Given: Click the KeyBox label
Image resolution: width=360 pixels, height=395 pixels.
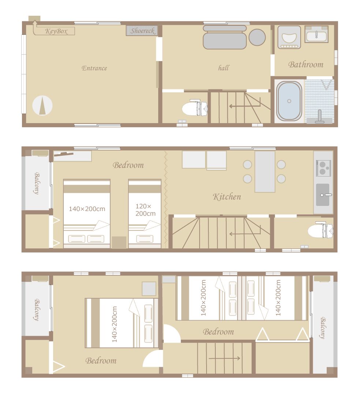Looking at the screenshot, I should tap(56, 32).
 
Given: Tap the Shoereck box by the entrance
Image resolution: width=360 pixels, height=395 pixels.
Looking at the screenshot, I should tap(142, 31).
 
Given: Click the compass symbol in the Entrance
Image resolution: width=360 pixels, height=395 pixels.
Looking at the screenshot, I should tap(42, 105).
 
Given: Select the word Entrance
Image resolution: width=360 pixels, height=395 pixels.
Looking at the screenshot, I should tap(94, 68).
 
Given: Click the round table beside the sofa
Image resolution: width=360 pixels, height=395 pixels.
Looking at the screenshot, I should tap(257, 37).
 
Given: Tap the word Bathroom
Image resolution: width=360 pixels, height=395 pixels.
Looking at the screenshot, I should tap(306, 65).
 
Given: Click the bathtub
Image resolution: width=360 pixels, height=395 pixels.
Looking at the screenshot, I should tap(289, 101).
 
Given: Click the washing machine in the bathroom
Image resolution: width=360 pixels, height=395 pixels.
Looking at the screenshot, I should tap(289, 37).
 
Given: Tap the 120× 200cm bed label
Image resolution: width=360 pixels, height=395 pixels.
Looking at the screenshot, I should tap(145, 210).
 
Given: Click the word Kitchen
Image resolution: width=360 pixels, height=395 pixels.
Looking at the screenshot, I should tap(227, 197).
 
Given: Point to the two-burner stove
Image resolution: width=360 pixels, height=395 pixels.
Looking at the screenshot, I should tap(323, 168).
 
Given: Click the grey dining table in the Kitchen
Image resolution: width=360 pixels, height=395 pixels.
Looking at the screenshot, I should tap(265, 171).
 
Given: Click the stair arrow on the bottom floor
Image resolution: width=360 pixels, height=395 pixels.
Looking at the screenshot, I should tap(224, 358).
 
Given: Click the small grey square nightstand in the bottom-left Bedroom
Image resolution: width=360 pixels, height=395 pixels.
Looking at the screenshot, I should tap(149, 289).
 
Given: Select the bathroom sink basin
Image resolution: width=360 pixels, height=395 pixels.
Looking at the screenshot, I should tap(316, 36).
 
